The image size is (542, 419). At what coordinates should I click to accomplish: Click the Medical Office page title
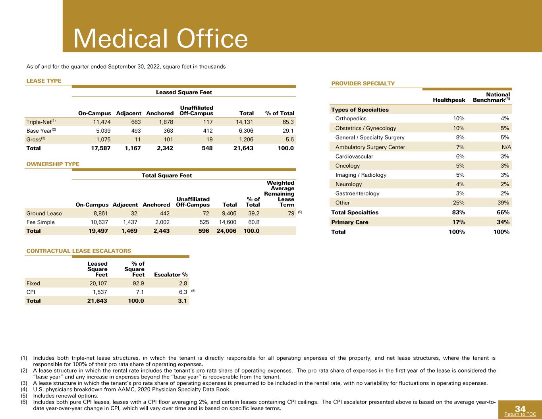tap(160, 39)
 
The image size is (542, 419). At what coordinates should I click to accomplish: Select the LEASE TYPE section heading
tap(44, 81)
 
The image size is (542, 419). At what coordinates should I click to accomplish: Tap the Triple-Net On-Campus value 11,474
tap(102, 122)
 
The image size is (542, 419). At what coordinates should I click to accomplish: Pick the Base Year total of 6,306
tap(245, 131)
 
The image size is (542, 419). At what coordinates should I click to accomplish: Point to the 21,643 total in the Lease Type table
tap(243, 148)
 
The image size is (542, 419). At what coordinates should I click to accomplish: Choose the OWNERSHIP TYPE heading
tap(53, 164)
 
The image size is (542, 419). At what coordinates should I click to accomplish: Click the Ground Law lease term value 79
tap(291, 214)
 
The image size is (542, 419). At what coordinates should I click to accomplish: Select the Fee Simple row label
tap(41, 222)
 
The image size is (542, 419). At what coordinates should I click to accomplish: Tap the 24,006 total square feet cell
tap(226, 231)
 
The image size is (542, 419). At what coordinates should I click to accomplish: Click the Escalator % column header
tap(171, 274)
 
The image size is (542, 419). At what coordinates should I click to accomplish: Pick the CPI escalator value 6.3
tap(183, 292)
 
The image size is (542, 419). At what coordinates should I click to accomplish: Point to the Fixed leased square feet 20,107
tap(98, 283)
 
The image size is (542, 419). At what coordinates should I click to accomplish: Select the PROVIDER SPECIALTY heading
tap(363, 83)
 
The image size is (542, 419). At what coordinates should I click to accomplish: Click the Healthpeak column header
tap(449, 100)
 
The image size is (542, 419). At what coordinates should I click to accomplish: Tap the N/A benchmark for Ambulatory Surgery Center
tap(506, 147)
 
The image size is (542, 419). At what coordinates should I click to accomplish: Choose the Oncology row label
tap(347, 166)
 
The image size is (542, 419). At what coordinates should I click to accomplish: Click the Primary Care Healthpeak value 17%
tap(459, 222)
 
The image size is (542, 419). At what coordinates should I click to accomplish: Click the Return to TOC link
tap(520, 414)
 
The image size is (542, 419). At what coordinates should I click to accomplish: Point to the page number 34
tap(520, 409)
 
